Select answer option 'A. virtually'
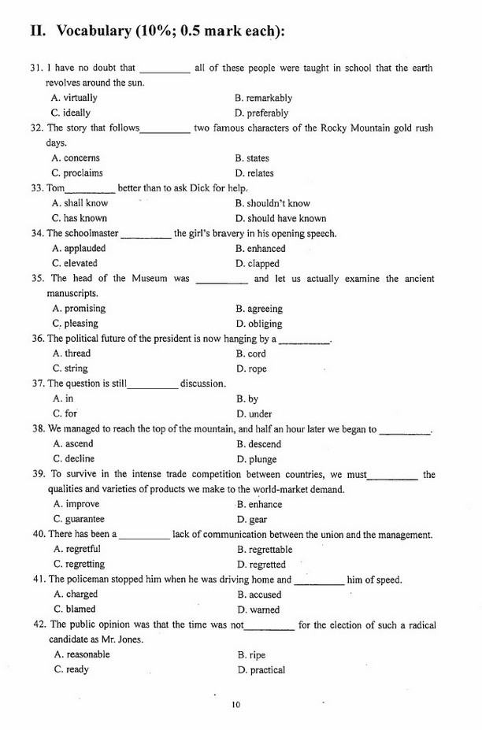pyautogui.click(x=74, y=98)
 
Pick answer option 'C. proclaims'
pyautogui.click(x=77, y=173)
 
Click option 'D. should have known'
pyautogui.click(x=280, y=218)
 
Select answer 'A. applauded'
pyautogui.click(x=79, y=248)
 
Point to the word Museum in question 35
pyautogui.click(x=148, y=278)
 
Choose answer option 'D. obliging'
pyautogui.click(x=259, y=324)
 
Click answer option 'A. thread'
pyautogui.click(x=72, y=354)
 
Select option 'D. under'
pyautogui.click(x=254, y=414)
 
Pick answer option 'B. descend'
pyautogui.click(x=258, y=444)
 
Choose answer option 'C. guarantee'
pyautogui.click(x=79, y=519)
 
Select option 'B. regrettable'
pyautogui.click(x=265, y=550)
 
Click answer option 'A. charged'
pyautogui.click(x=76, y=595)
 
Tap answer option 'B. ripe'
pyautogui.click(x=252, y=654)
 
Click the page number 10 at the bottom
pyautogui.click(x=235, y=705)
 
